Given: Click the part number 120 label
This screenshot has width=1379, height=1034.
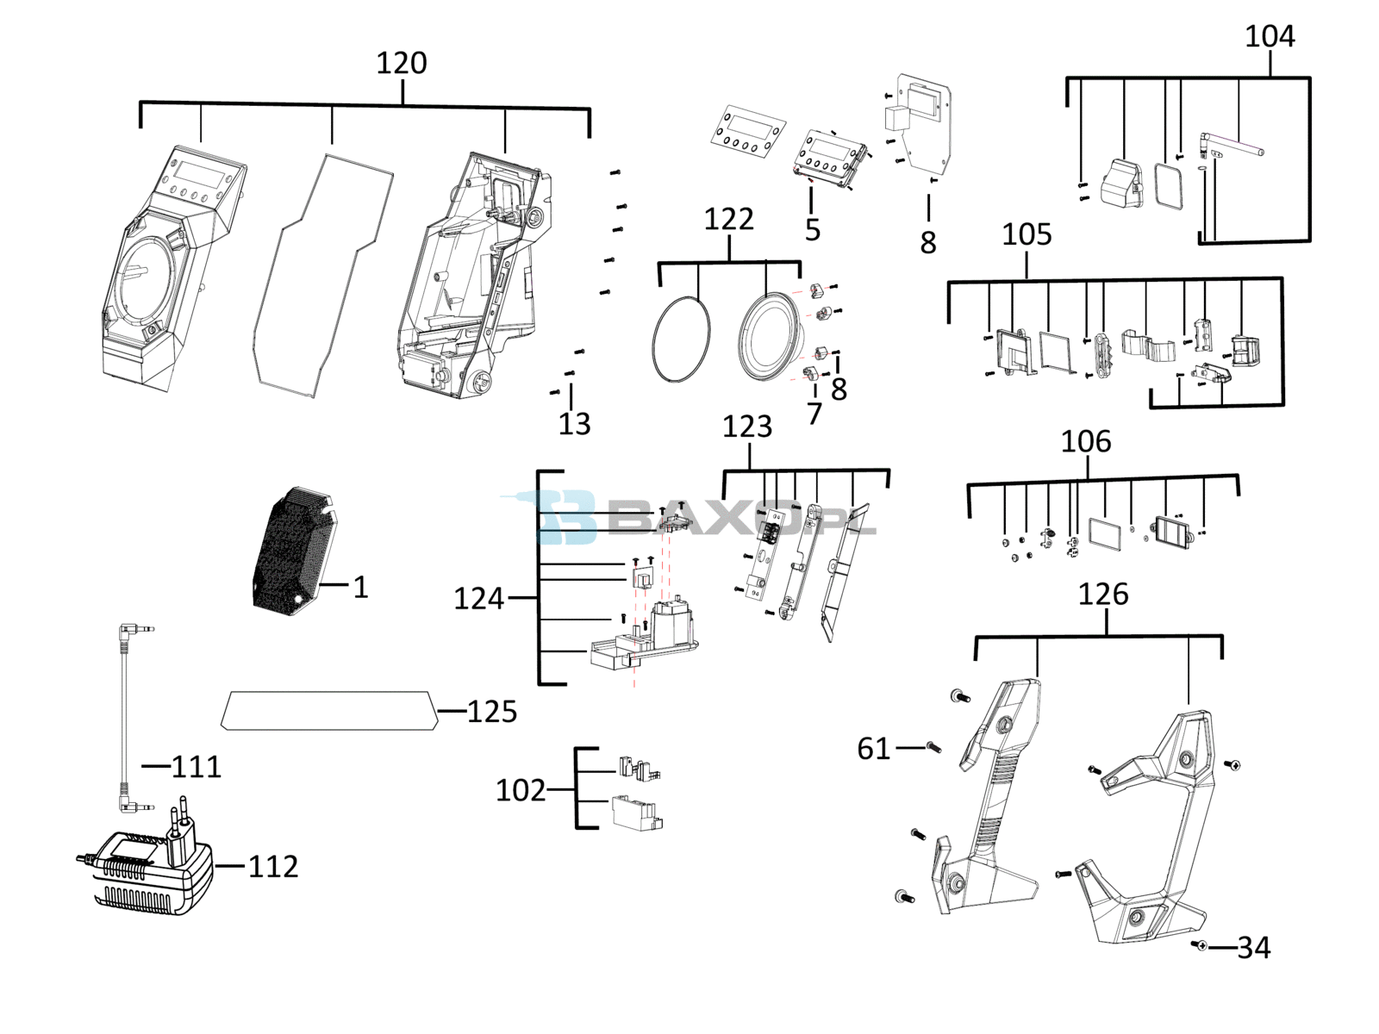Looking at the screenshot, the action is tap(402, 63).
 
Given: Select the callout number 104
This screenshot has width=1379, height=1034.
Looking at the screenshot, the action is tap(1270, 36).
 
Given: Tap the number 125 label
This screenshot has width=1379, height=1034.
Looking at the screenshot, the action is tap(492, 712).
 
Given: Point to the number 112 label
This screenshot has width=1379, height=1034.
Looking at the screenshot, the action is tap(273, 866).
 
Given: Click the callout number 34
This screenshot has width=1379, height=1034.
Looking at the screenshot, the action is tap(1254, 948).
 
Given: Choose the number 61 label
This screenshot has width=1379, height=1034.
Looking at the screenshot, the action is tap(874, 748).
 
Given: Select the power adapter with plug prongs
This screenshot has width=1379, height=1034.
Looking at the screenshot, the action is tap(145, 864).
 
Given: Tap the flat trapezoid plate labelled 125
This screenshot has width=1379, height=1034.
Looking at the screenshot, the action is tap(330, 711).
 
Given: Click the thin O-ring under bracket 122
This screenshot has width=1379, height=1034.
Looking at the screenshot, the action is tap(682, 339).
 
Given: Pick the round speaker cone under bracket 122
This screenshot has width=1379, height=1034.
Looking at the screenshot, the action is tap(769, 337).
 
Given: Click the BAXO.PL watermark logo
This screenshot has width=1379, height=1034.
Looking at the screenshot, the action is tap(688, 516).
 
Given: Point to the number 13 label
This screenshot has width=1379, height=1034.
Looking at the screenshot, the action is tap(574, 425).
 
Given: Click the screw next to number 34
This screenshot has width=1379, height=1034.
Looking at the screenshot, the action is tap(1199, 945).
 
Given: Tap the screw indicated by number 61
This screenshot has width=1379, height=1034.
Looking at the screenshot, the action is tap(934, 747).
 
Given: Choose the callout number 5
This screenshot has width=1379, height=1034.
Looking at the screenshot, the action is tap(813, 230).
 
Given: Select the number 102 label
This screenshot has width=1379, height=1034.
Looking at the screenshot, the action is tap(521, 790).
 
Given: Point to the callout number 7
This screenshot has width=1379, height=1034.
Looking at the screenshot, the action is tap(814, 414).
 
